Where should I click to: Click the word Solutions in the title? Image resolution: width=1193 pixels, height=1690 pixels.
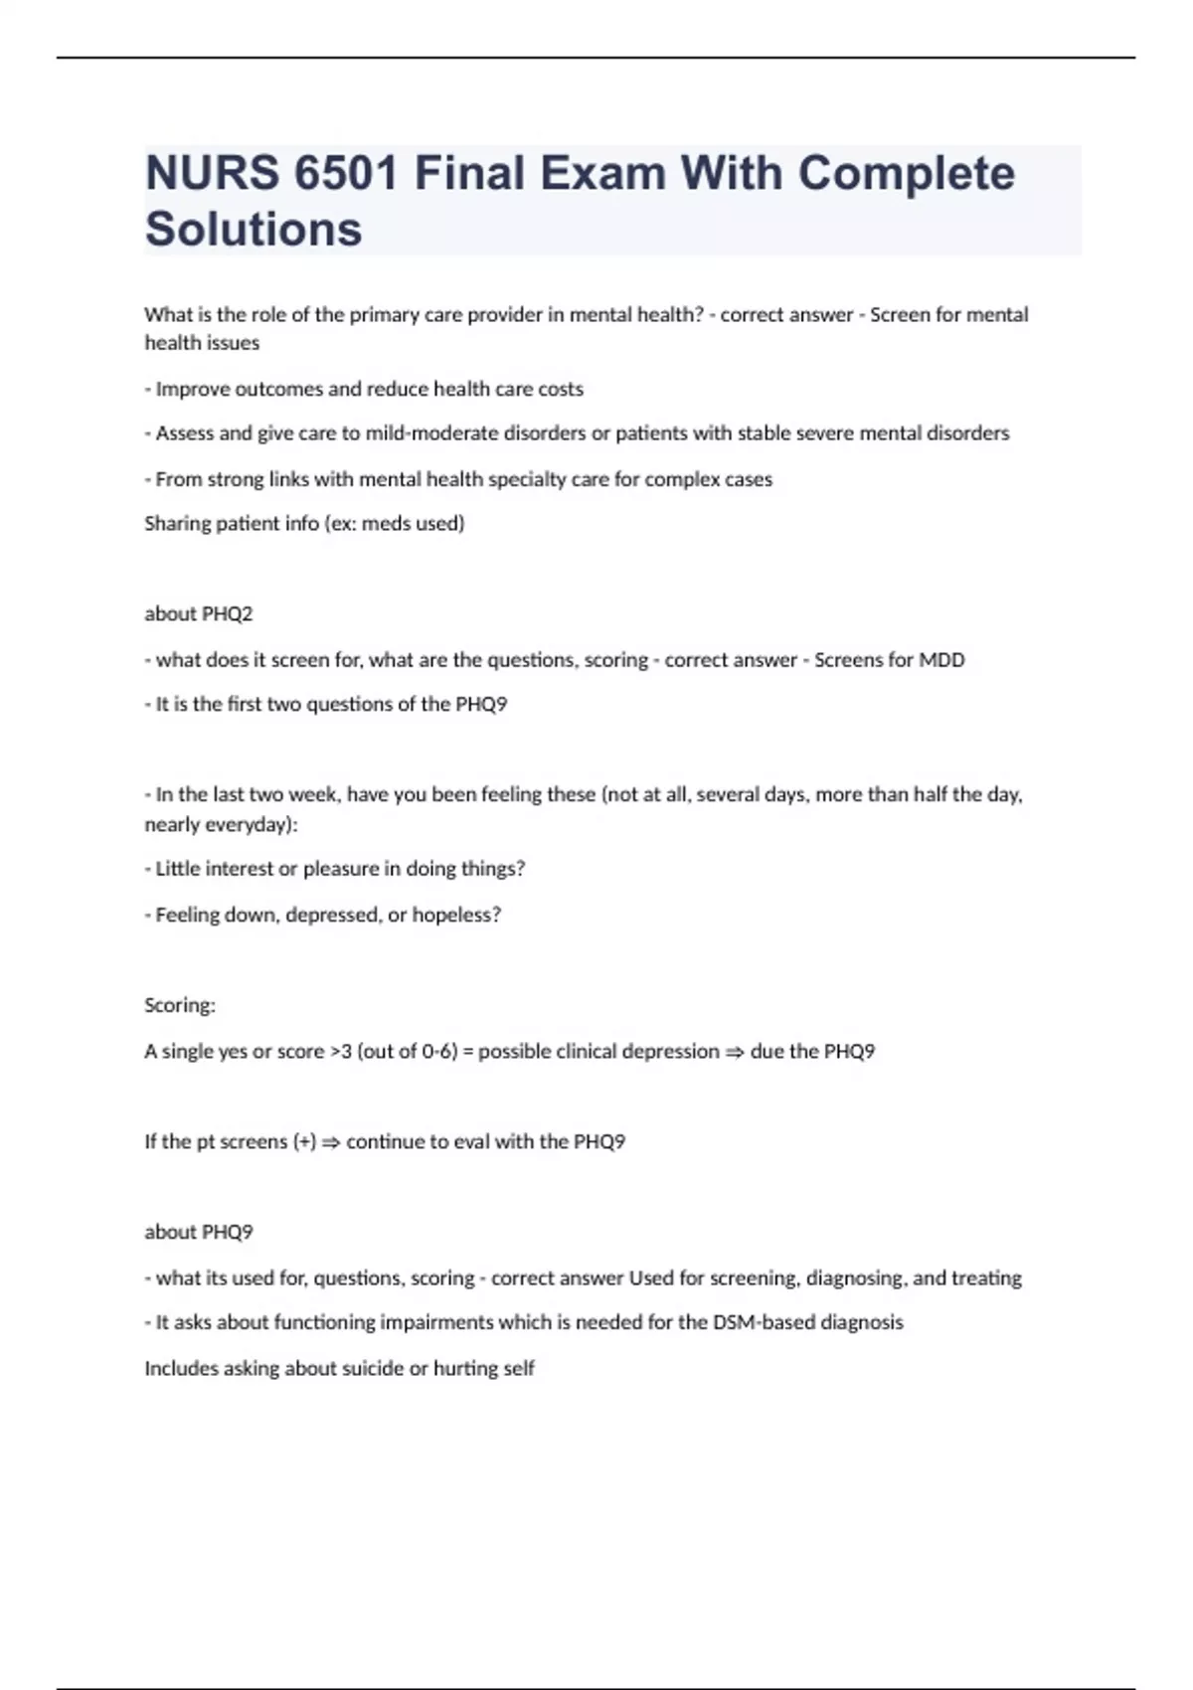click(x=254, y=229)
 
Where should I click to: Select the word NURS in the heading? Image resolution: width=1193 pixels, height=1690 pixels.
click(x=211, y=173)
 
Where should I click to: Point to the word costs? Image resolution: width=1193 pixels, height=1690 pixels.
click(x=560, y=389)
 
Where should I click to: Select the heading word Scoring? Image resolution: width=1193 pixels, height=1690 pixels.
click(x=179, y=1005)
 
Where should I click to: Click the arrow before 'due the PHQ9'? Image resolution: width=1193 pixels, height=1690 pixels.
click(x=734, y=1052)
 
